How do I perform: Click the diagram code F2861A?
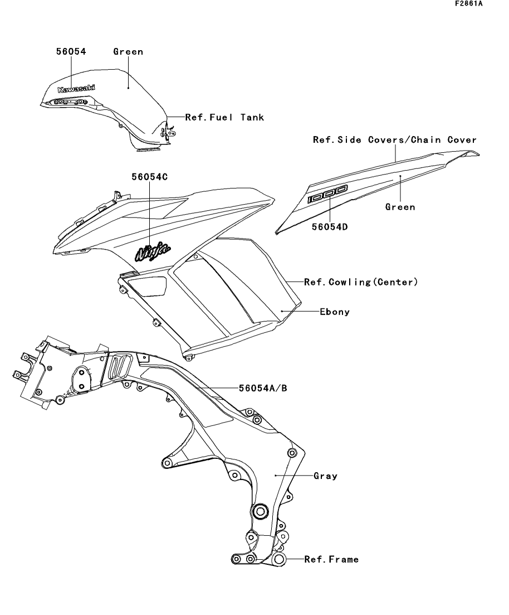[468, 4]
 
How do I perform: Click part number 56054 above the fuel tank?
[71, 52]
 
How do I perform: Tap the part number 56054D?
[331, 227]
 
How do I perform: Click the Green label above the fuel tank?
[128, 52]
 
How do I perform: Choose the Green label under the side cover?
[400, 207]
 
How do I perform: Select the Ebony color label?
[335, 312]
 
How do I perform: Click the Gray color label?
[325, 476]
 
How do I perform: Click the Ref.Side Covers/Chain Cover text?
[394, 140]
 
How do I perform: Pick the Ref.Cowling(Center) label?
[360, 282]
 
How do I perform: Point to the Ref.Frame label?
[331, 559]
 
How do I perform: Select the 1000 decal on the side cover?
[329, 194]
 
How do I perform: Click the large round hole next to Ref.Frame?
[280, 559]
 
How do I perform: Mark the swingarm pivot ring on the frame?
[260, 511]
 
